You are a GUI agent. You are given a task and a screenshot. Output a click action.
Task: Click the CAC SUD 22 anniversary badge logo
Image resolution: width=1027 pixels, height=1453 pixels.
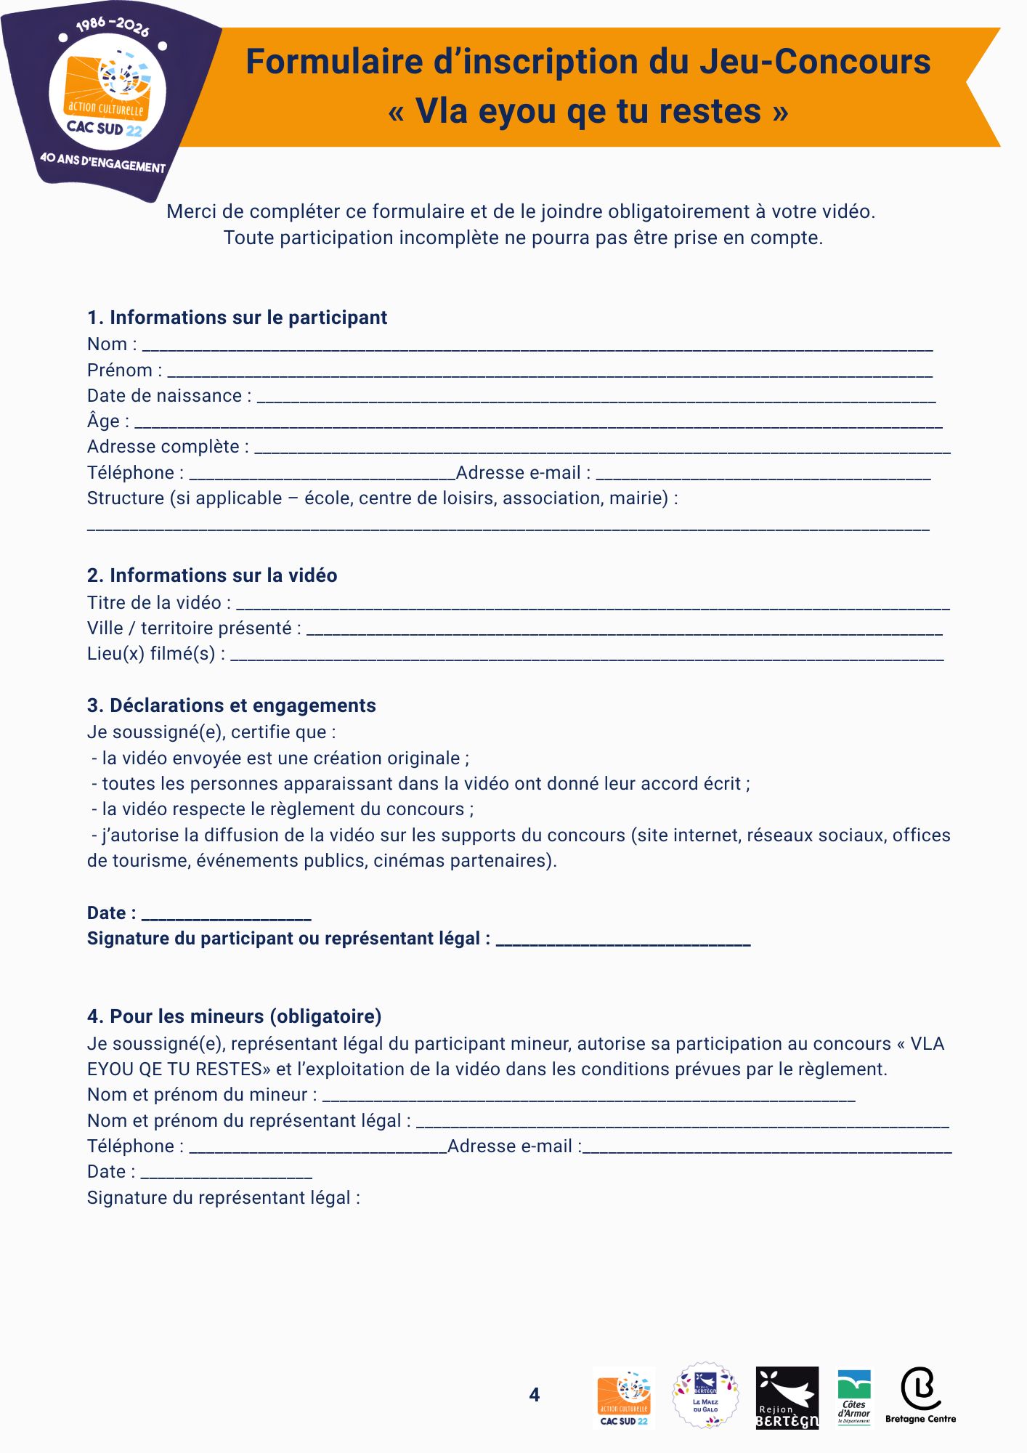click(x=109, y=98)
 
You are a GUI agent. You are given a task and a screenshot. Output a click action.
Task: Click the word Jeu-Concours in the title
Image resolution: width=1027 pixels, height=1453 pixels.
click(x=814, y=62)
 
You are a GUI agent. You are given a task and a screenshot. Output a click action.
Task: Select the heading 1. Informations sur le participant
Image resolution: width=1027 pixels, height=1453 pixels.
click(x=237, y=317)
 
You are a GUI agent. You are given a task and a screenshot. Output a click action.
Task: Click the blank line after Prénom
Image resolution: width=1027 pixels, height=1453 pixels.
click(x=550, y=373)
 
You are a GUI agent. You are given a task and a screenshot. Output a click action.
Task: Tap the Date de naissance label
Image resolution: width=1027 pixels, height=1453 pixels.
click(x=169, y=396)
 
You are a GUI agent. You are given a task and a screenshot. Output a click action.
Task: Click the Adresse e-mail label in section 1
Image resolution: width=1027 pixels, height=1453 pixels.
click(x=522, y=473)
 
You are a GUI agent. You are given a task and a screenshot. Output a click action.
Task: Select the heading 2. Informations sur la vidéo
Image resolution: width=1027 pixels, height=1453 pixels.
click(x=212, y=575)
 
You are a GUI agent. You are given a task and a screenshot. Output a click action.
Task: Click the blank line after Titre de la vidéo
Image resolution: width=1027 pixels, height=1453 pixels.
click(x=593, y=606)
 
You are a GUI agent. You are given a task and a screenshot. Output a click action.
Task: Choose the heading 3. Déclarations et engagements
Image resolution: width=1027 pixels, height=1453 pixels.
click(x=232, y=705)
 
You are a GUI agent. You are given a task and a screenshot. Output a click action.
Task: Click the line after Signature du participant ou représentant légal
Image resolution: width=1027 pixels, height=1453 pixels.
click(x=622, y=942)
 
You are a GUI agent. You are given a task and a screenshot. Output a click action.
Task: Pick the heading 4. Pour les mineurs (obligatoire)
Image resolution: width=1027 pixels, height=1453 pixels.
click(x=235, y=1016)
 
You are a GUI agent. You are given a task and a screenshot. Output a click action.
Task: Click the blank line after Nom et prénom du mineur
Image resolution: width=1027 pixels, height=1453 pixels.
click(x=588, y=1098)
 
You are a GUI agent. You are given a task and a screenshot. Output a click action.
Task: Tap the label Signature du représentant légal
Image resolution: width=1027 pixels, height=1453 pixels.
click(x=223, y=1198)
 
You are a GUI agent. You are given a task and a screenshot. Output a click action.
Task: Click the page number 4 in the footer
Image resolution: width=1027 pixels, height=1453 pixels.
click(x=535, y=1395)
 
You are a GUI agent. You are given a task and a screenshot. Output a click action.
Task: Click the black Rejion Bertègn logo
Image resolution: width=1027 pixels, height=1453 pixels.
click(x=787, y=1398)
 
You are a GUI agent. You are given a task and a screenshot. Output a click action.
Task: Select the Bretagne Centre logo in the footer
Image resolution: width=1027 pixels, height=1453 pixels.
click(x=920, y=1395)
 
